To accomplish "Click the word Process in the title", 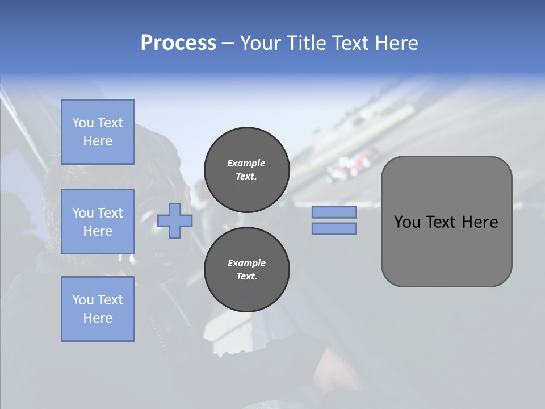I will click(x=178, y=43).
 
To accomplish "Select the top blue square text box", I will click(x=98, y=132).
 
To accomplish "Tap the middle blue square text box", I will click(x=98, y=222).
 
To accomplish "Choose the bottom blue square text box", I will click(x=98, y=309).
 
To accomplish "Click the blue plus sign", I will click(x=175, y=220).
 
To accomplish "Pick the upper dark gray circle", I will click(x=246, y=170).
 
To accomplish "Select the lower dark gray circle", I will click(x=246, y=270).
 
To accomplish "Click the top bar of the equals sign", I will click(x=334, y=212).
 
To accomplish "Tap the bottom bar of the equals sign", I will click(x=334, y=229).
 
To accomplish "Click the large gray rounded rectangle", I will click(x=446, y=221).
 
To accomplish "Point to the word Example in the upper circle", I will click(x=246, y=163).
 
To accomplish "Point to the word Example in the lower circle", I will click(x=246, y=263).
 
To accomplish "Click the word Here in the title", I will click(x=396, y=43).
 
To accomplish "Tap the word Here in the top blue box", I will click(x=98, y=141).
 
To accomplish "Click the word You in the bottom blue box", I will click(x=83, y=300).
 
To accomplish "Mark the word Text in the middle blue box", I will click(x=110, y=213).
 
